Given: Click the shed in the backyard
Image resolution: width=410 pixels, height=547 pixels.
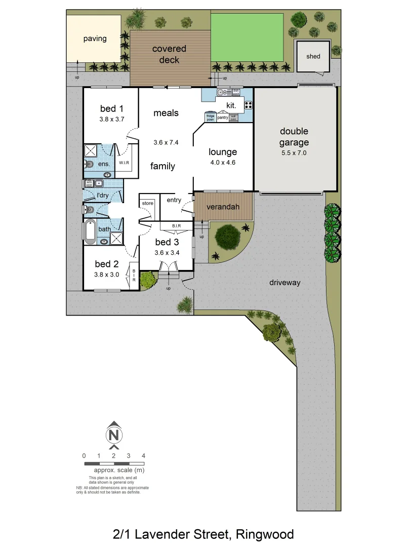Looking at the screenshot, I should [x=313, y=56].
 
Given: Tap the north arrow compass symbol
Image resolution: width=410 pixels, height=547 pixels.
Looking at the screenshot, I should [x=114, y=435].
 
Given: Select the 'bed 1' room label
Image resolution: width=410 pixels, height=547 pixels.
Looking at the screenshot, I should [x=112, y=108].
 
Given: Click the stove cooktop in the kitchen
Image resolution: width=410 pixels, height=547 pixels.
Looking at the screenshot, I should [x=249, y=105].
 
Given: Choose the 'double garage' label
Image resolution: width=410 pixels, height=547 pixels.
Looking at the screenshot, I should [x=294, y=137].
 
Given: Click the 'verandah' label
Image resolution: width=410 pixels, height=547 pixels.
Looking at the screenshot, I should [x=223, y=207].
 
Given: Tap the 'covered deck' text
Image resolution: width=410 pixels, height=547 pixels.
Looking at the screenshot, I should [x=169, y=54].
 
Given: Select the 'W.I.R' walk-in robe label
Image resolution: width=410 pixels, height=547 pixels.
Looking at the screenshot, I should [x=125, y=163].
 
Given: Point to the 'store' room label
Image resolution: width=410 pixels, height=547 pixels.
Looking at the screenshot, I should [x=147, y=203].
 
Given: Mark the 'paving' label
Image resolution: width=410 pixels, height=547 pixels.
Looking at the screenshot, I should [x=95, y=38].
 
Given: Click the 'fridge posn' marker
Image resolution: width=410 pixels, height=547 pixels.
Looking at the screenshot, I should [x=211, y=118].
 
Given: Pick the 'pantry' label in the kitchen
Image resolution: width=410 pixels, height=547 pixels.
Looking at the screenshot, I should [x=223, y=118].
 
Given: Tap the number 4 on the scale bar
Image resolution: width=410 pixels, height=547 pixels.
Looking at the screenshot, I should [x=144, y=455].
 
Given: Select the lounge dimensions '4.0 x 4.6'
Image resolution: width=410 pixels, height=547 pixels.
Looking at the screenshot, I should [x=223, y=163].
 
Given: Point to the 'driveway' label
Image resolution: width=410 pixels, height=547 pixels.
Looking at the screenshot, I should [x=284, y=283].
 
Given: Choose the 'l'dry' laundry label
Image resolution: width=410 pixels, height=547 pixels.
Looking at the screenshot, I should [x=102, y=196].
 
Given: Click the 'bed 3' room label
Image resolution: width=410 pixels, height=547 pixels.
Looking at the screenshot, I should [x=167, y=242].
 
